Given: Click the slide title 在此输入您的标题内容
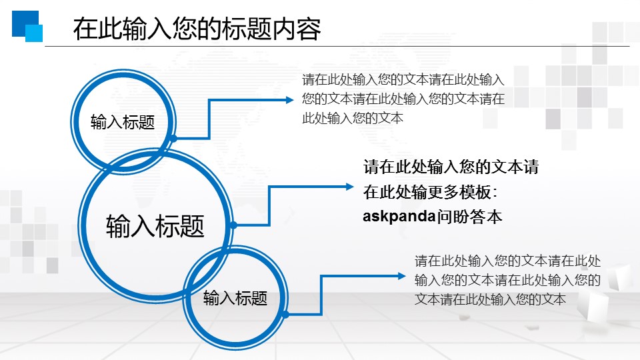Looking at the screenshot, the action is pos(197,29).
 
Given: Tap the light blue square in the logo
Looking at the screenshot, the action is pos(34,33).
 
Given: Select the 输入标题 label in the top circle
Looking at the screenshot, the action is pos(123,122).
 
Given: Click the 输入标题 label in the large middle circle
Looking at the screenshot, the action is pos(155,226).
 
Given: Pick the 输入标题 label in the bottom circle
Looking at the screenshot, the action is pos(235,298).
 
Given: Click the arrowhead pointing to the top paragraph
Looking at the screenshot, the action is pos(289,99).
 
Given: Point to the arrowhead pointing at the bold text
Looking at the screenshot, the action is pos(349,187).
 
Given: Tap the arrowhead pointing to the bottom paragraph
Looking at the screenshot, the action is pos(401,276).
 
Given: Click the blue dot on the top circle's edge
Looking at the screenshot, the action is pos(173,138).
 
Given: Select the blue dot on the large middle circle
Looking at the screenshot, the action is pos(233,225).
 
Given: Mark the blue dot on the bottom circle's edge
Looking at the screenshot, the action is pos(286,314).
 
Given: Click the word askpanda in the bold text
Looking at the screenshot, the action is pos(399,216).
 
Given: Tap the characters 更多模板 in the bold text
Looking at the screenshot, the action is pos(459,192).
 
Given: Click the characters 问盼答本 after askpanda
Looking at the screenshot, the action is pos(469,216).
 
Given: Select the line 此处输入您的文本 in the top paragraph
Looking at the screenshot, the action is pos(353,118).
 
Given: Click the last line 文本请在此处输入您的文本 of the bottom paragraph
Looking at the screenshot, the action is pos(490,299).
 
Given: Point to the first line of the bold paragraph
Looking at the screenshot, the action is pos(451,167).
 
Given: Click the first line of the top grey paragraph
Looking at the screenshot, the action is pos(403,79).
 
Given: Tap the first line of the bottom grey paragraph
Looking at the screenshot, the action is pos(508,261).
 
